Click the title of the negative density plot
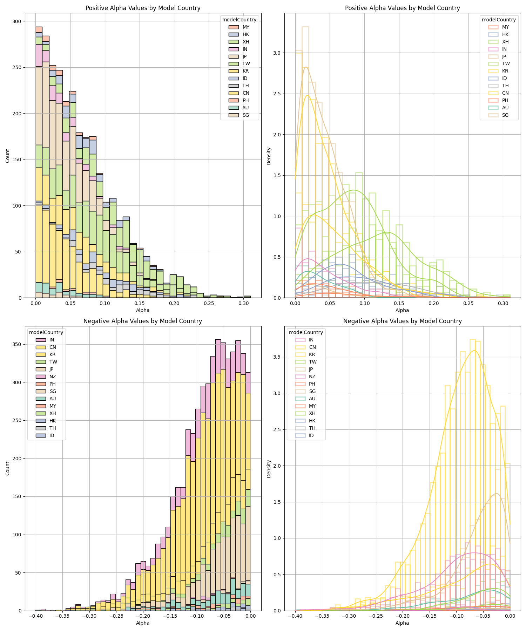click(402, 321)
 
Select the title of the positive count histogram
click(143, 8)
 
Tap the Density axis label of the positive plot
click(269, 156)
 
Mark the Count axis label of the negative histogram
click(8, 468)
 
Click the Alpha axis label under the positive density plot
click(402, 310)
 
